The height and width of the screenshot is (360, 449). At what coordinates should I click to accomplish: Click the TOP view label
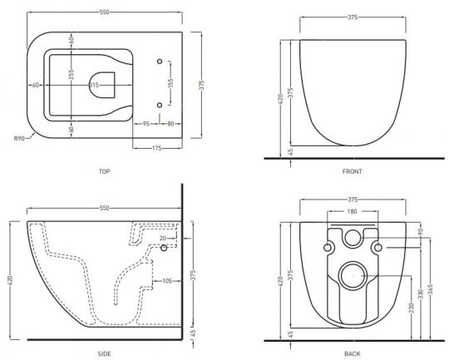coord(104,171)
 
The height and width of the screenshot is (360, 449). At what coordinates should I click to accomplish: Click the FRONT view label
coord(353,171)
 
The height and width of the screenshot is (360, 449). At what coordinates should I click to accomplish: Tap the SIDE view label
coord(104,354)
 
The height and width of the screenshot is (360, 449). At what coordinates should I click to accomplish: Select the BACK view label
coord(353,354)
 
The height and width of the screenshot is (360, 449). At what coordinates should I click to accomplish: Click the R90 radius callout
coord(19,139)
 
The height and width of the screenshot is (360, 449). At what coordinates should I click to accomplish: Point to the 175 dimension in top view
coord(156,148)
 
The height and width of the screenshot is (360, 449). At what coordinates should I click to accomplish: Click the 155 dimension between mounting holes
coord(170,83)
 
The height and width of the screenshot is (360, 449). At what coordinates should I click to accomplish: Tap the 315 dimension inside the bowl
coord(94,85)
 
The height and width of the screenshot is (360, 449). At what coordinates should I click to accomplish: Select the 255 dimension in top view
coord(72,74)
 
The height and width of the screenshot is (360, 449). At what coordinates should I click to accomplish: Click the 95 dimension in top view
coord(146,124)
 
